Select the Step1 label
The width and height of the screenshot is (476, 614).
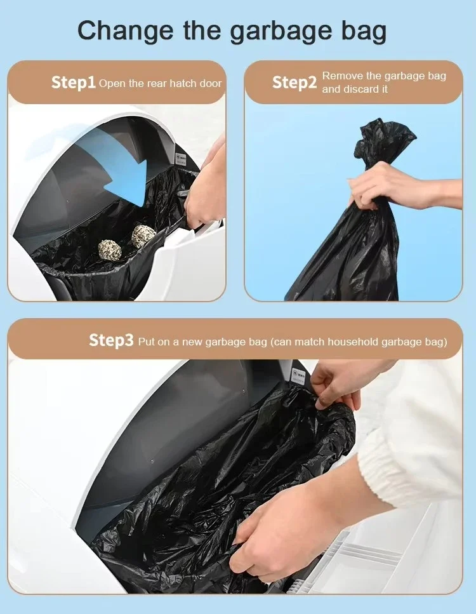click(74, 83)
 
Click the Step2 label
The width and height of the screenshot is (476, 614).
click(294, 83)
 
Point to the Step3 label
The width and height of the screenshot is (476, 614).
click(111, 340)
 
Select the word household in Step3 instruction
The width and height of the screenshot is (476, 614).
click(353, 342)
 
